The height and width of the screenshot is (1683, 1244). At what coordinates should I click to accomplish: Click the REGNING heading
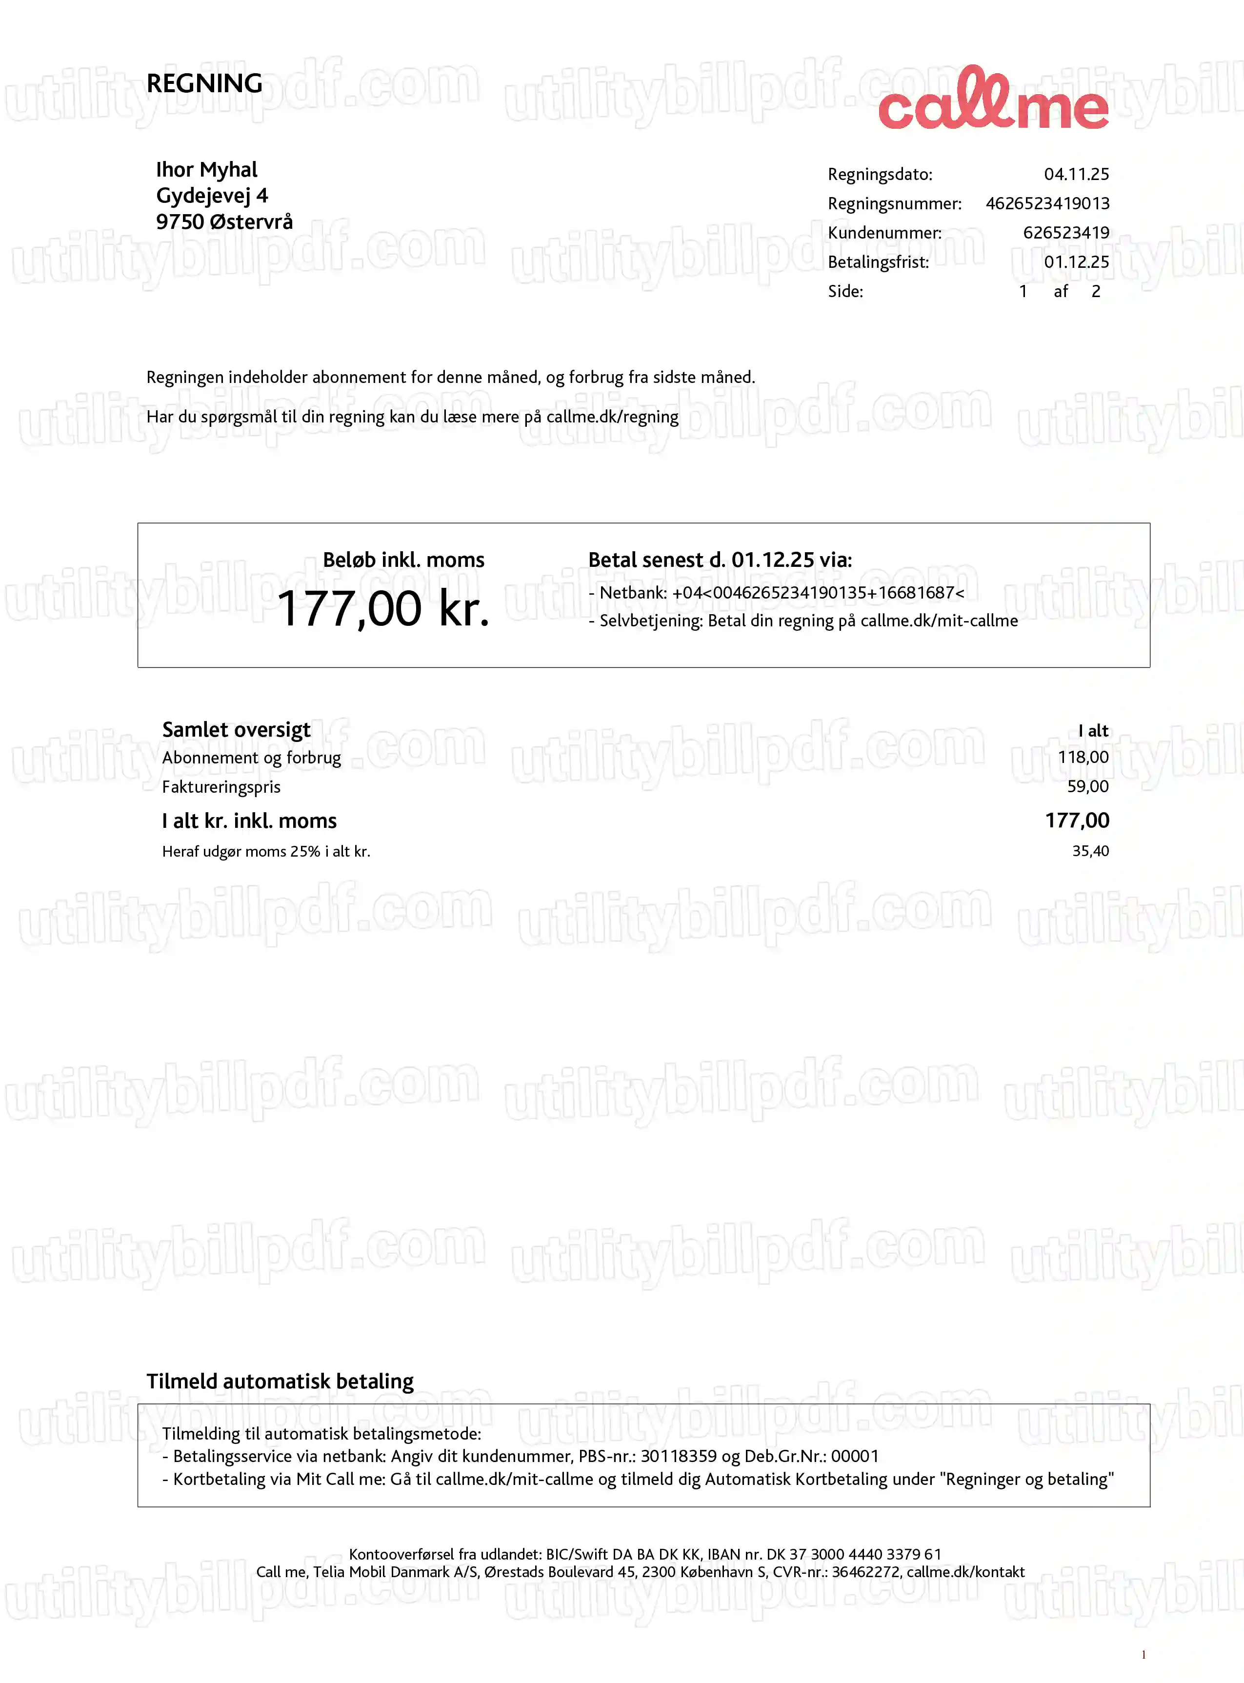[204, 83]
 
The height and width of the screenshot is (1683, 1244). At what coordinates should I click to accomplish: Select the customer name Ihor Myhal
[206, 169]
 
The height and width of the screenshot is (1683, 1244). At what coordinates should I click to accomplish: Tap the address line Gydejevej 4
[212, 196]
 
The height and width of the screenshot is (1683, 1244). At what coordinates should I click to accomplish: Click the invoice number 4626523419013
[1047, 204]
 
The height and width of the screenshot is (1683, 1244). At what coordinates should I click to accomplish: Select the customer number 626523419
[1065, 233]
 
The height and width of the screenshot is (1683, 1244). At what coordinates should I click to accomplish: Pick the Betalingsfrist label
[878, 262]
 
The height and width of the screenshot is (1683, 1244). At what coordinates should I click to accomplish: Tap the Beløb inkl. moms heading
[403, 560]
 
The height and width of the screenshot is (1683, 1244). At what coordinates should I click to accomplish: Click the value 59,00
[1087, 787]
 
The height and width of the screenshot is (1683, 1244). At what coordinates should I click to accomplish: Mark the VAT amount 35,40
[1090, 851]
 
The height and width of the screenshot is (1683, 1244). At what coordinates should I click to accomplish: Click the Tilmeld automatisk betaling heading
[280, 1381]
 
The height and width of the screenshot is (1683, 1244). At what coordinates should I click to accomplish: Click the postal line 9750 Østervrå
[223, 222]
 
